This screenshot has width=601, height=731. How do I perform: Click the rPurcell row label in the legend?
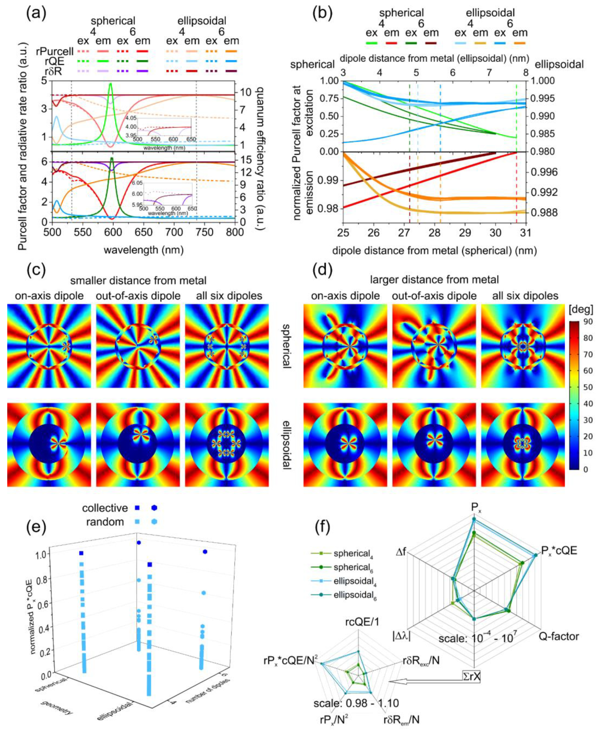tap(55, 51)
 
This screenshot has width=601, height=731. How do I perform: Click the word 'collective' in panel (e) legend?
tap(105, 508)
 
